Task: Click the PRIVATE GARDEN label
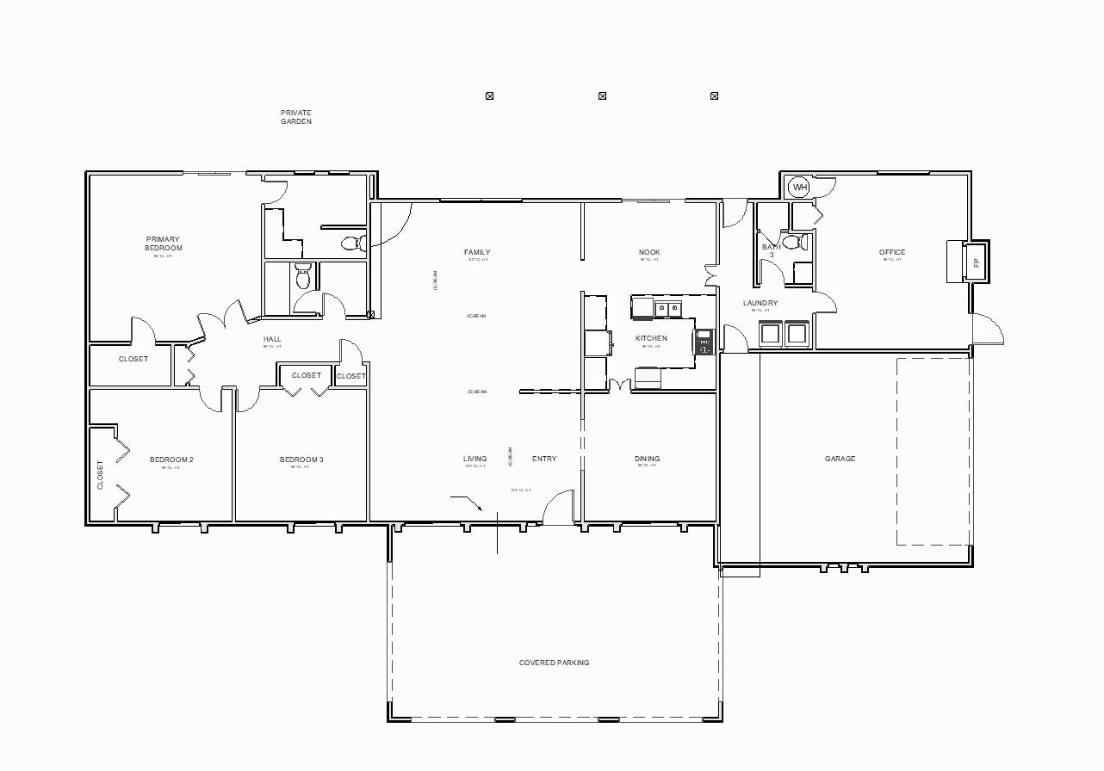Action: (295, 117)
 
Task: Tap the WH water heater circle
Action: (800, 188)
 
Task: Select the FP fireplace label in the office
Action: (977, 263)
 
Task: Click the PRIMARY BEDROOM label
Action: (164, 244)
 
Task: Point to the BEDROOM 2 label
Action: (171, 460)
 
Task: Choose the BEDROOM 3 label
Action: (301, 460)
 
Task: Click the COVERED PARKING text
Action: (554, 663)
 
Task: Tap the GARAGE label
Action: (840, 459)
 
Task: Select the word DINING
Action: (647, 459)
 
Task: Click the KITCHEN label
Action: (651, 338)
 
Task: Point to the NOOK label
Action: (649, 252)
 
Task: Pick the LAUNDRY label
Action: (760, 303)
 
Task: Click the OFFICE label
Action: (892, 252)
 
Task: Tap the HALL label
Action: (272, 339)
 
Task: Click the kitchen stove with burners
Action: (704, 342)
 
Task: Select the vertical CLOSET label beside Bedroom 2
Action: (100, 475)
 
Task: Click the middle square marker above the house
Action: (602, 96)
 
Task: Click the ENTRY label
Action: (544, 459)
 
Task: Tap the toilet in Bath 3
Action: (799, 243)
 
